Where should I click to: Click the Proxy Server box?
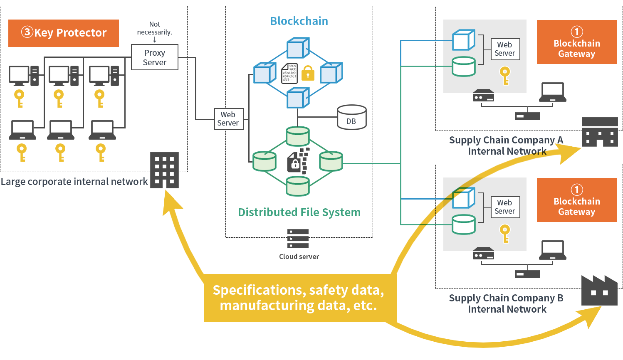point(155,57)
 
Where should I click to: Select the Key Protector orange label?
point(64,33)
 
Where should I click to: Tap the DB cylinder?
point(351,117)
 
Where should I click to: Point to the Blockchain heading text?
point(299,21)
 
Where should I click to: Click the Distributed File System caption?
point(299,212)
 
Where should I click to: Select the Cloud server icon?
point(298,239)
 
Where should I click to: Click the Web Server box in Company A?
point(505,49)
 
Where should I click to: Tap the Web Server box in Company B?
point(505,207)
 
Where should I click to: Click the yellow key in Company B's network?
point(505,234)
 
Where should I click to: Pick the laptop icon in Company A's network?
point(552,92)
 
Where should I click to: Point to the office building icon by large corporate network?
point(164,170)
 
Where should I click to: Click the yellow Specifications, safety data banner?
point(299,298)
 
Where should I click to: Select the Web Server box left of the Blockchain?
point(228,119)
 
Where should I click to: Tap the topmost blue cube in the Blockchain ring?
point(298,48)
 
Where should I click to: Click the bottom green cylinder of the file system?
point(298,186)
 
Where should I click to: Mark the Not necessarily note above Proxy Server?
point(155,28)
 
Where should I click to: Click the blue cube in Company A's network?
point(463,40)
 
